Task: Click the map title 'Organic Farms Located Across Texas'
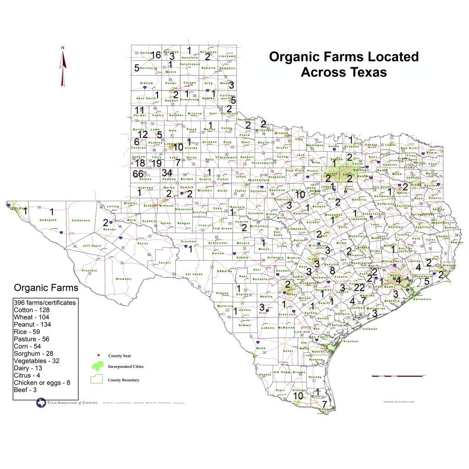344,64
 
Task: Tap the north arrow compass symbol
63,67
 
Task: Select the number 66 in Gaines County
138,174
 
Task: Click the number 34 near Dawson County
167,173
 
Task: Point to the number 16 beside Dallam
156,55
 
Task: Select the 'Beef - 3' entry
26,390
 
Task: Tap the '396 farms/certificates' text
45,303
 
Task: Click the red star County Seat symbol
98,355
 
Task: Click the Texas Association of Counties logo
66,403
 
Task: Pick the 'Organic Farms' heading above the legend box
46,288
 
